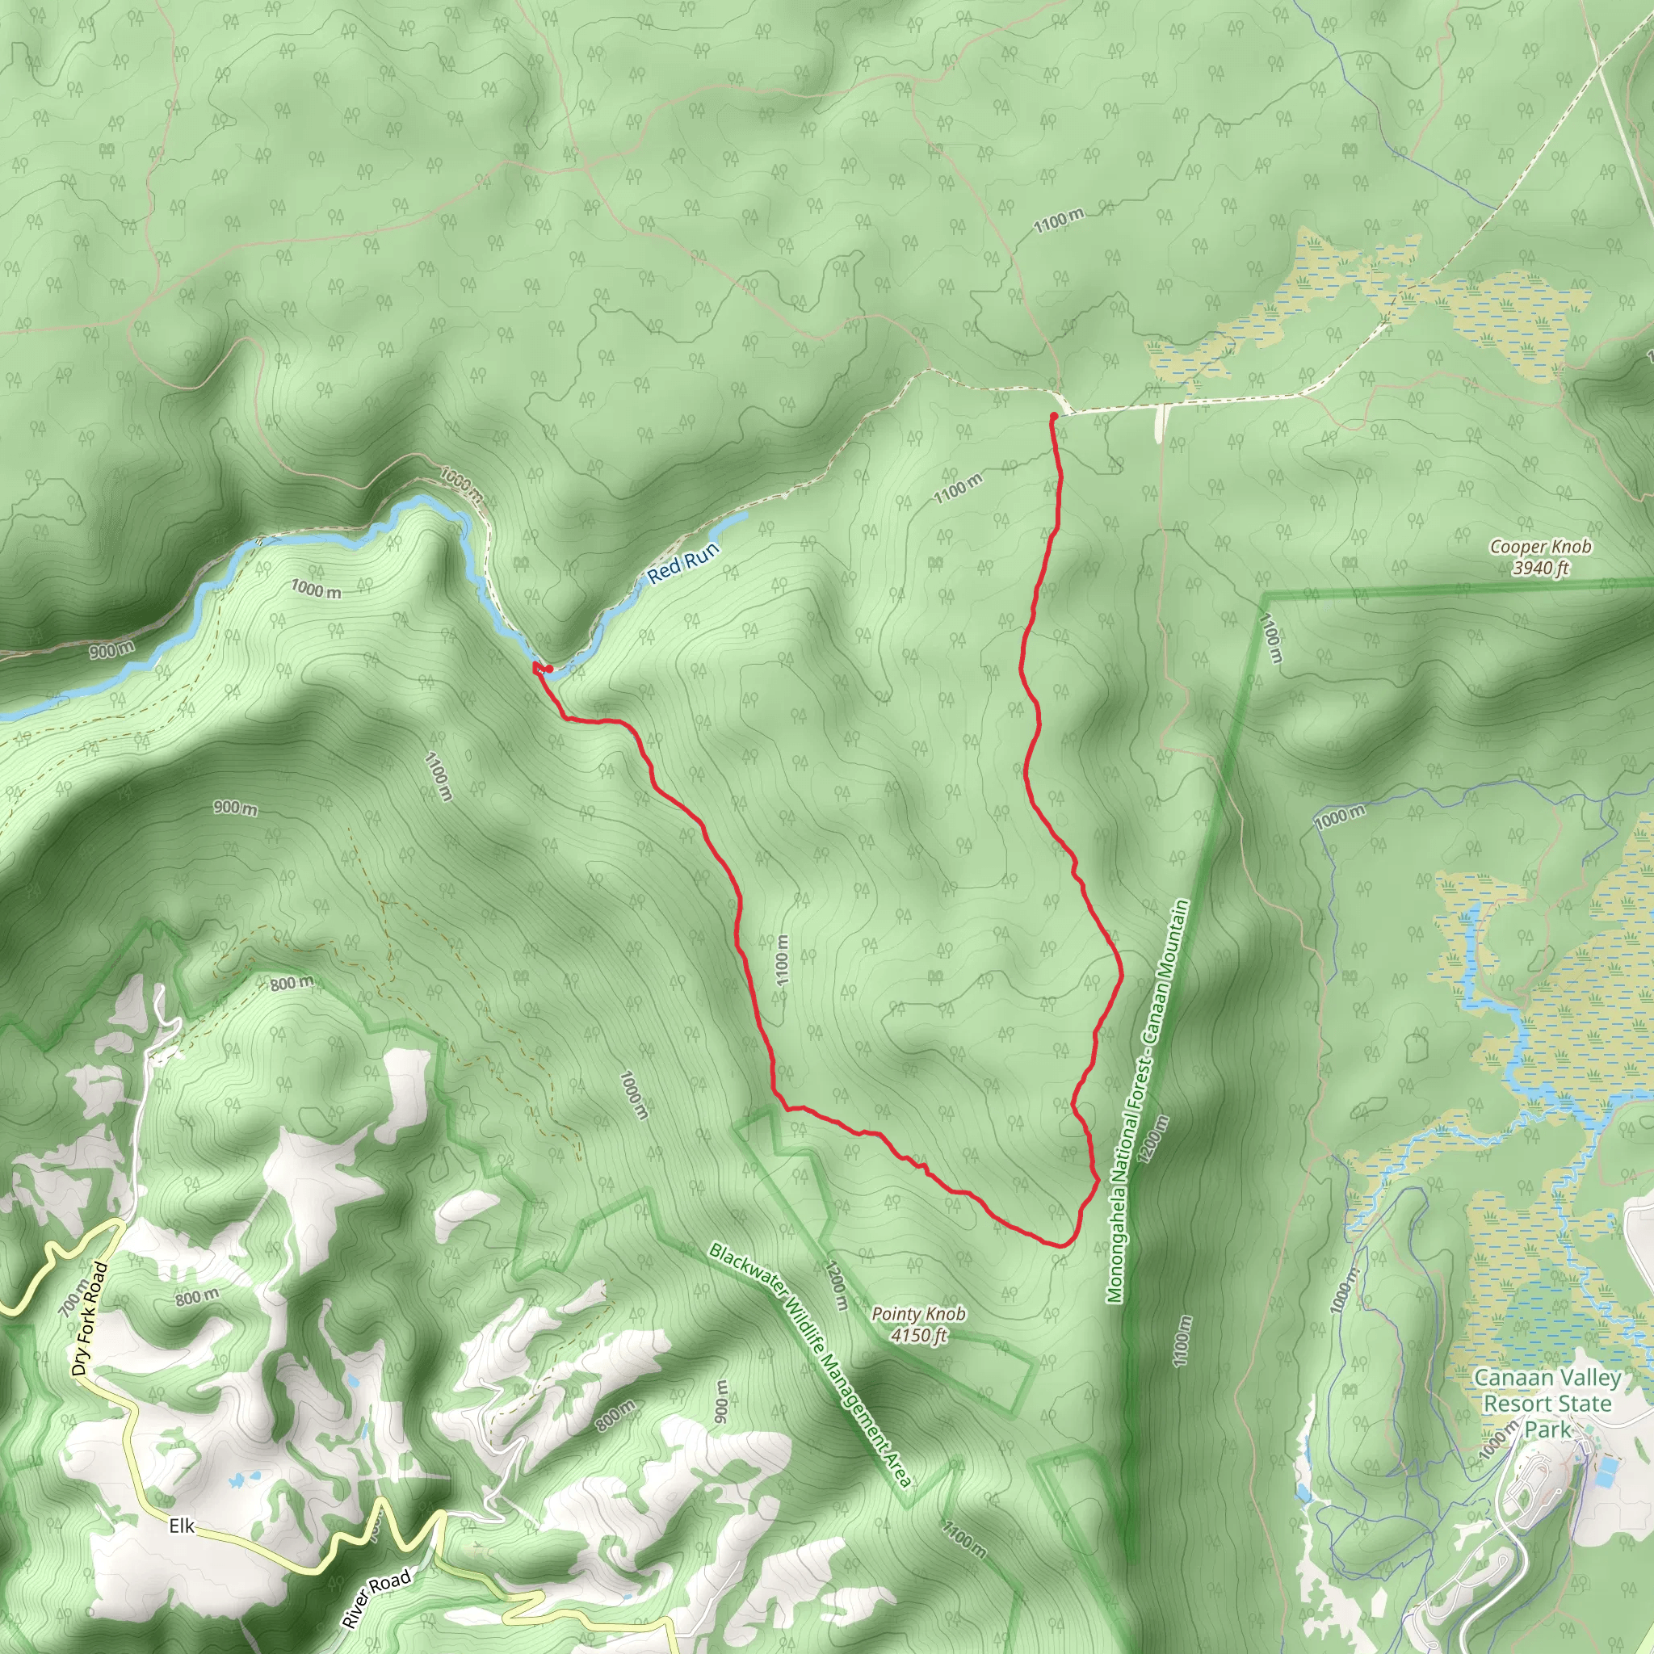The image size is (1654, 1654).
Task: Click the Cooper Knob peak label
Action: [1540, 546]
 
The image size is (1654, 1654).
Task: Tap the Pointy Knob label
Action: [918, 1313]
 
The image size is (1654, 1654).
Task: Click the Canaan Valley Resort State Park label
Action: [1547, 1403]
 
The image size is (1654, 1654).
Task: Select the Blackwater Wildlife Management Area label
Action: [810, 1366]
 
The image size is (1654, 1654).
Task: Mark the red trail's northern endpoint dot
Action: [1053, 416]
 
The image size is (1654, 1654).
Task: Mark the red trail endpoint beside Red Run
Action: [548, 669]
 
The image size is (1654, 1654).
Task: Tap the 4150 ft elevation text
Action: [918, 1336]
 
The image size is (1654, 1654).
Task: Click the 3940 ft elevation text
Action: [1540, 568]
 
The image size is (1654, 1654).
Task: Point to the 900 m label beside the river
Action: [111, 651]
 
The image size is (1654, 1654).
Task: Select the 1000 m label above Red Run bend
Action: [462, 484]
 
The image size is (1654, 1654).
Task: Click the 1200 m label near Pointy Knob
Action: [836, 1284]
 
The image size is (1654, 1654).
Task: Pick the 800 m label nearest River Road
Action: [615, 1415]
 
